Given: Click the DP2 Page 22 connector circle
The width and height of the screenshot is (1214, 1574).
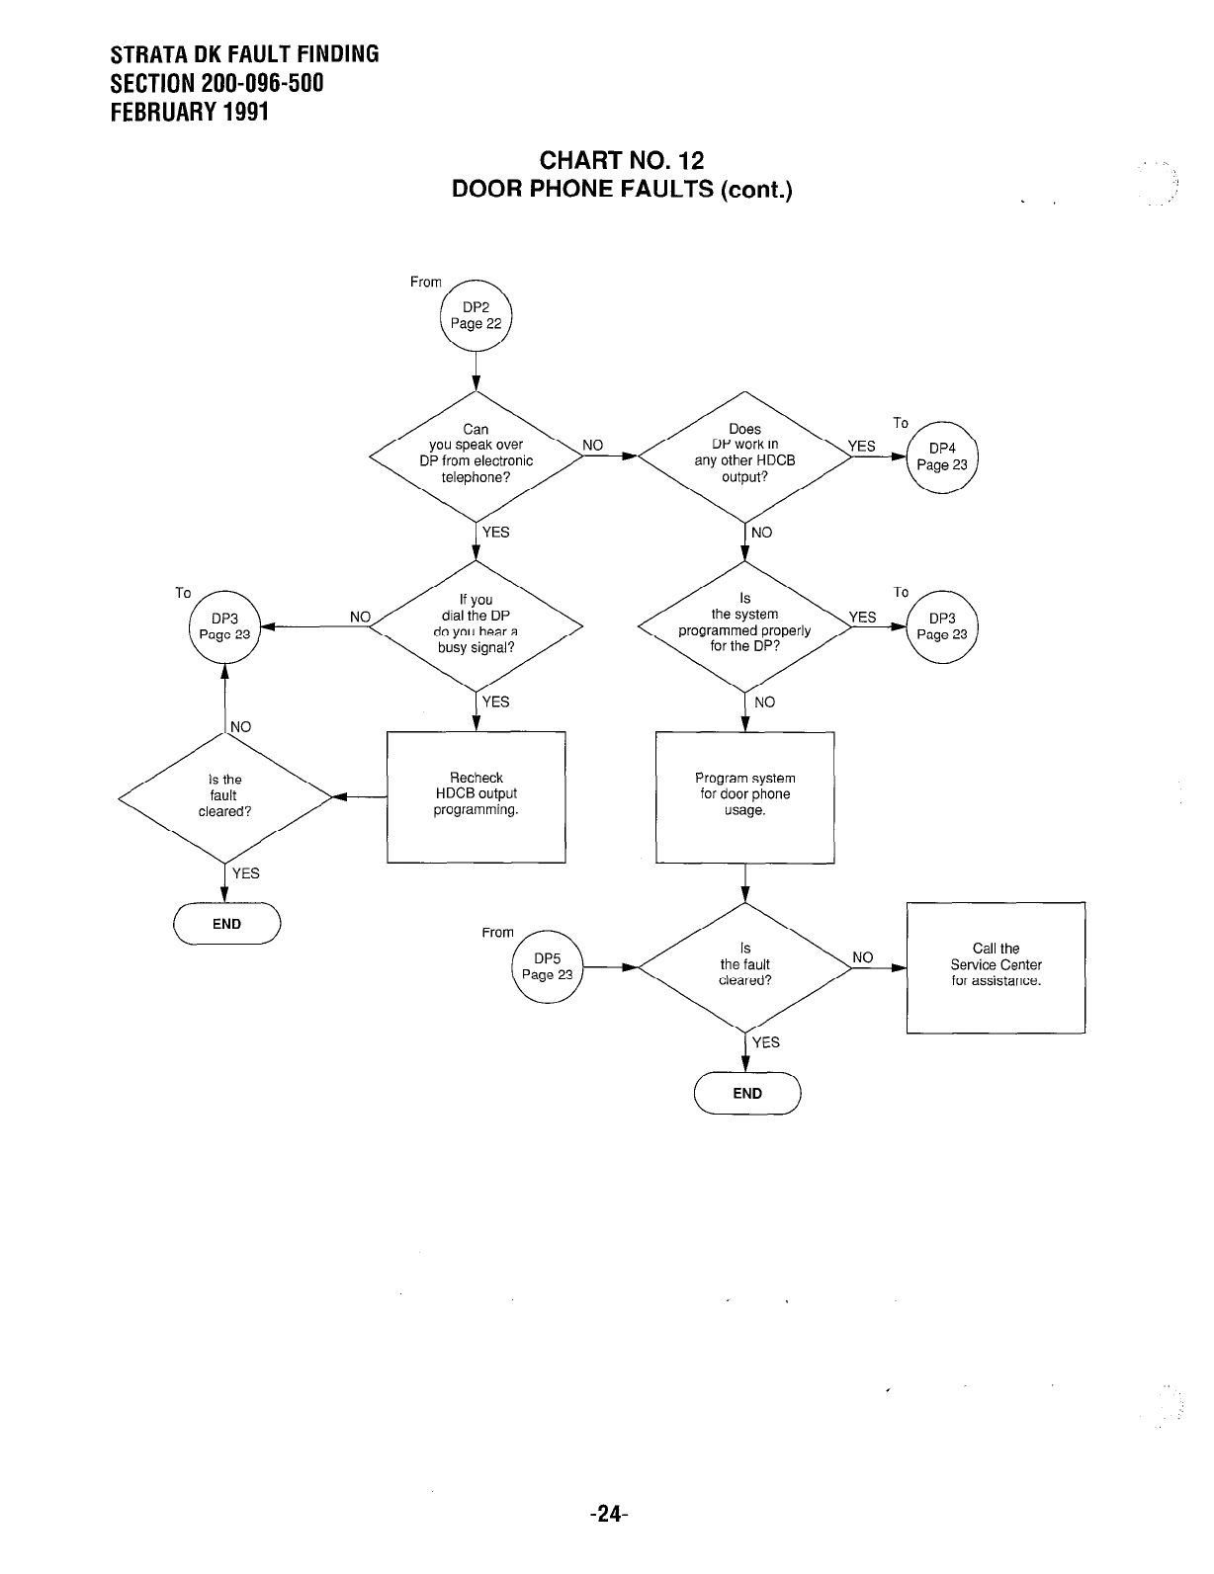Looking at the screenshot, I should (x=476, y=315).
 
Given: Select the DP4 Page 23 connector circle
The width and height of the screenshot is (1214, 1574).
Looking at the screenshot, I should (x=941, y=456).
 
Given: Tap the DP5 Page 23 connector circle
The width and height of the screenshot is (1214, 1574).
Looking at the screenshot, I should (x=548, y=966).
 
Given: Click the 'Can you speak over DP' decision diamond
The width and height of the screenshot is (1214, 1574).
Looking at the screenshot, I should (x=476, y=455).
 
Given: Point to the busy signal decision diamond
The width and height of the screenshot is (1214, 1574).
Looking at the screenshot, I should (x=476, y=624).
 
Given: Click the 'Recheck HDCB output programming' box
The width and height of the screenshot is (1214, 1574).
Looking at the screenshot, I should (x=476, y=796).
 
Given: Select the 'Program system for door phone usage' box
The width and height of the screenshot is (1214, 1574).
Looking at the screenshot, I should (x=744, y=796).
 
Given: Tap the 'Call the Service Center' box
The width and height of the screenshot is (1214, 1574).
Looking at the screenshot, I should (x=996, y=966).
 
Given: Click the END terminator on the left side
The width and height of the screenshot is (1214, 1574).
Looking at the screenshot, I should (x=226, y=924).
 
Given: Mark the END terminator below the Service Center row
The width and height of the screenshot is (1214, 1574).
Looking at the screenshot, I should (x=747, y=1093).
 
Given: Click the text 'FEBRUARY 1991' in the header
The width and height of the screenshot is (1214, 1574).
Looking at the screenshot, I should (x=190, y=112).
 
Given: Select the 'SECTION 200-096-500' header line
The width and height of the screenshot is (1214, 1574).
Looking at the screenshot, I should (x=217, y=83).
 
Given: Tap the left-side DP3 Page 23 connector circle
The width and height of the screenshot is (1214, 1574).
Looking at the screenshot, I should (x=224, y=626).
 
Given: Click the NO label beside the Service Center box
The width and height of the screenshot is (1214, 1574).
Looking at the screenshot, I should (x=863, y=957).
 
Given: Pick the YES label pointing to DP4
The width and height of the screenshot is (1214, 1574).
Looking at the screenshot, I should (x=862, y=447).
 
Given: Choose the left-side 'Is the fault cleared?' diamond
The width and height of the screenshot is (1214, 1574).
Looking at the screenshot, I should (x=224, y=795).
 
